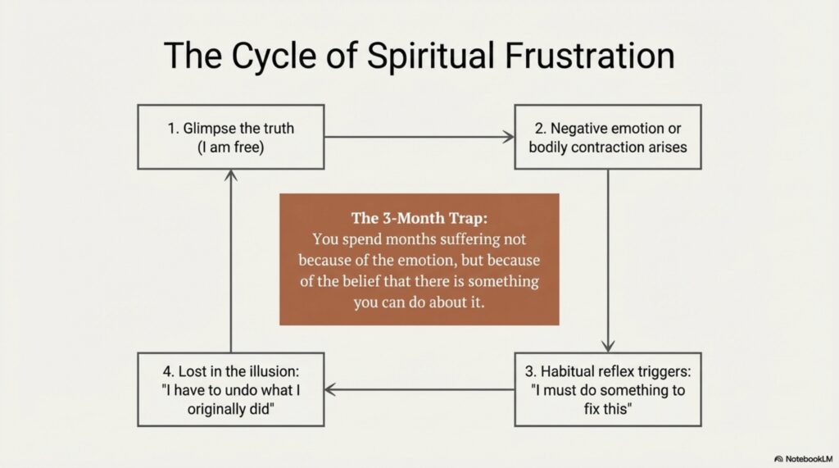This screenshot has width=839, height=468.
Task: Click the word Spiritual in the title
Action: click(x=430, y=57)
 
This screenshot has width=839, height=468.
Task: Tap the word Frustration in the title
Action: click(x=589, y=55)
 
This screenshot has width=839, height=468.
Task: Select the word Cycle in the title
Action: click(x=274, y=57)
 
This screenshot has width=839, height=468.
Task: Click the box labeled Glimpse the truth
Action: click(x=230, y=137)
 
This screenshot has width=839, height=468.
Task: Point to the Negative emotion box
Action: click(x=608, y=137)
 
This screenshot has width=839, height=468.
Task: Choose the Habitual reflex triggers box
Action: click(x=608, y=389)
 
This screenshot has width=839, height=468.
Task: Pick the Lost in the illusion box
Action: click(x=230, y=389)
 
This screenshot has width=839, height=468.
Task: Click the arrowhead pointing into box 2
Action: click(x=509, y=137)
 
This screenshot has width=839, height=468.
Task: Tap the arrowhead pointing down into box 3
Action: click(x=608, y=346)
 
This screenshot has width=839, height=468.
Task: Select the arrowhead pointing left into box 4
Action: click(x=330, y=389)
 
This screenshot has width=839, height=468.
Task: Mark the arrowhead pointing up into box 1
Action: click(x=230, y=176)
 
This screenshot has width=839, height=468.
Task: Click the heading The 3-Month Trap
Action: click(x=419, y=218)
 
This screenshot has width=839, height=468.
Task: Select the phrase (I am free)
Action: click(x=230, y=148)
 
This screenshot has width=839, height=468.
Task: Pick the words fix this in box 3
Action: click(x=608, y=409)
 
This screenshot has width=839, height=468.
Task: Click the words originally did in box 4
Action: click(x=230, y=409)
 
